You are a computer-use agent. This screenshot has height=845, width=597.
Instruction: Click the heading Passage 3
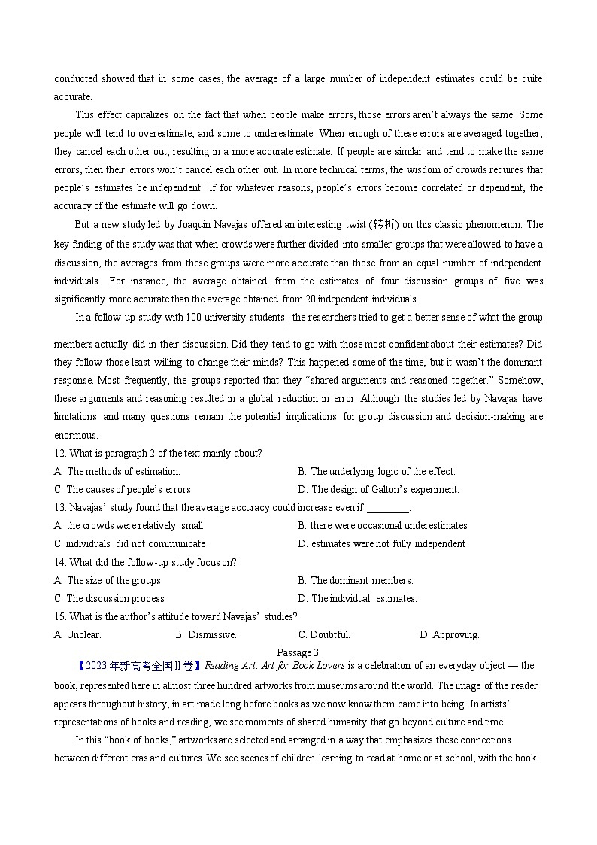point(298,652)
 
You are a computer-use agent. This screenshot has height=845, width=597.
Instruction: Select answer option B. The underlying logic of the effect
point(376,472)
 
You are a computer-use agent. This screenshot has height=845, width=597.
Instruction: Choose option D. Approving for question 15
point(449,635)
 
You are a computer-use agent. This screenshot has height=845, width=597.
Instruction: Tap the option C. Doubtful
point(324,635)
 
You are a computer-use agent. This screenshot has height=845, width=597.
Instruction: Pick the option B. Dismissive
point(205,635)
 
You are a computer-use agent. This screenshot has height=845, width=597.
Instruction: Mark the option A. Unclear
point(77,635)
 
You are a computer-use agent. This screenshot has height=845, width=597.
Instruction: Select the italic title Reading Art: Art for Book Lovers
point(275,666)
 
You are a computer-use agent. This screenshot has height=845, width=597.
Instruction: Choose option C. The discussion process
point(110,599)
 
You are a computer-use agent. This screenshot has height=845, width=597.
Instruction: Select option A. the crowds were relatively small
point(129,526)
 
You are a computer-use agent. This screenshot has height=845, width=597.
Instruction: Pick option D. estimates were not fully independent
point(381,544)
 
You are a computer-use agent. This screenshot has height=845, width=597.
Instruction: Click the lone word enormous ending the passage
point(75,436)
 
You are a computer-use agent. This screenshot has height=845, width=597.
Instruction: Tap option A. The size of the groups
point(108,581)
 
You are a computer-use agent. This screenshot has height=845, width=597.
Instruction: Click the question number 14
point(60,563)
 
